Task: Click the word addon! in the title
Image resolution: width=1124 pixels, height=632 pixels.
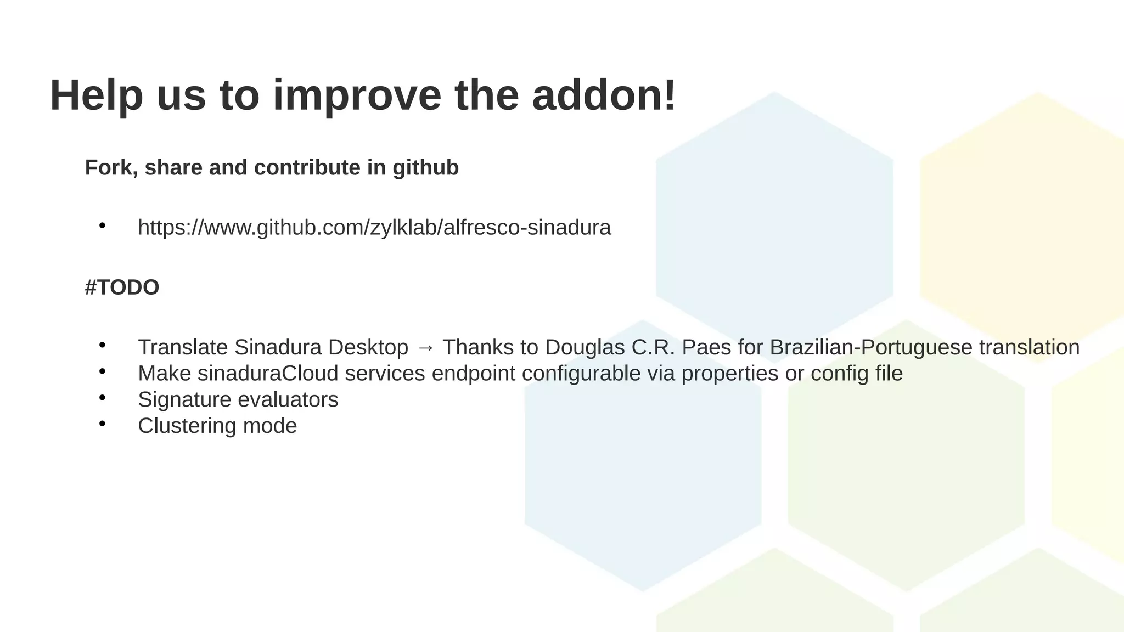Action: point(604,96)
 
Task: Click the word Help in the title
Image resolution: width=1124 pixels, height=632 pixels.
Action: point(97,96)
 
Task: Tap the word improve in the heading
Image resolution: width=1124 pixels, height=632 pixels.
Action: point(357,96)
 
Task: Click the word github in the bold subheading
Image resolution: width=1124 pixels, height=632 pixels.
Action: point(425,168)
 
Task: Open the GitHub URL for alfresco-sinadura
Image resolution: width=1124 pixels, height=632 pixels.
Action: point(374,228)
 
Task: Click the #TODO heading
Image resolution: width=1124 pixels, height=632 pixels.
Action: point(122,287)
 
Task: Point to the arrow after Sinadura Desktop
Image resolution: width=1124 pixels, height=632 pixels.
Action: point(425,348)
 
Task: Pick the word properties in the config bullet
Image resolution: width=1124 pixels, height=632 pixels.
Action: point(730,374)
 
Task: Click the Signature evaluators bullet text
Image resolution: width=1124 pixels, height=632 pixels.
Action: point(238,400)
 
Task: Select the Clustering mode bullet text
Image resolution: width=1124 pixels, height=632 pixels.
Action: point(217,426)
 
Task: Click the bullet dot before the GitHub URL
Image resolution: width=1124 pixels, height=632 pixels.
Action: point(102,225)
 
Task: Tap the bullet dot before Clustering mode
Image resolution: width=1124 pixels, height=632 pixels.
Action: point(102,424)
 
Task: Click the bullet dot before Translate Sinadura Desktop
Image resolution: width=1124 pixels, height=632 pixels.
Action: point(102,345)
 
